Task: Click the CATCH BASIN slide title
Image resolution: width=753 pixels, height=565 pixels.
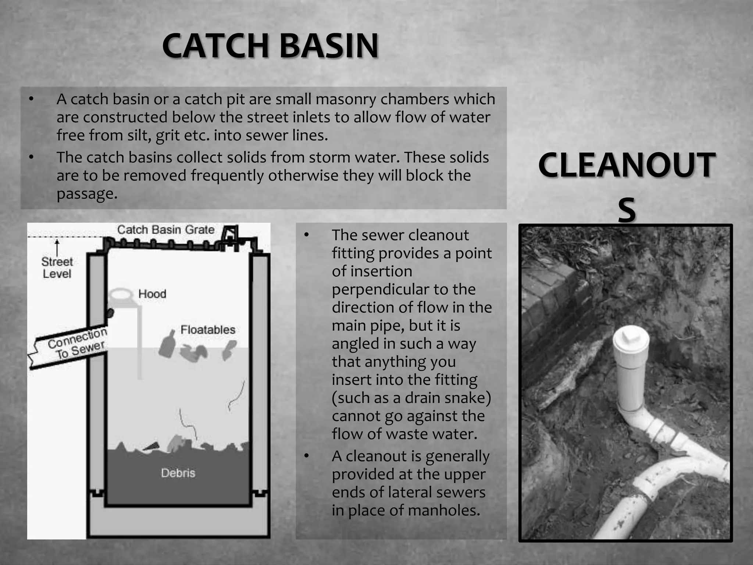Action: point(270,46)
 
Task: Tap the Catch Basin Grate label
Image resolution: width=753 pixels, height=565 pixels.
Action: point(165,230)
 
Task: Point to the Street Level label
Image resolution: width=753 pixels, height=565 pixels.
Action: point(57,268)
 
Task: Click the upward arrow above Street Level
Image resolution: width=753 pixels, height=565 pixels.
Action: point(57,247)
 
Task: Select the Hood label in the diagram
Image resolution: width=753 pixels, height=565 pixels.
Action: point(152,294)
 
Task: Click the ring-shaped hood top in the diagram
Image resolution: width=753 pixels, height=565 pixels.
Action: point(121,295)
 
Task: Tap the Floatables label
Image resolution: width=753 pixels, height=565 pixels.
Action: point(208,330)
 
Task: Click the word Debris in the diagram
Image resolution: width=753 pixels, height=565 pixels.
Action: point(178,473)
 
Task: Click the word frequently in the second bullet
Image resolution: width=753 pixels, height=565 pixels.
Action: point(229,175)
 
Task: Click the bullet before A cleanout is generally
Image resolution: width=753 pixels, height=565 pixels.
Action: point(307,456)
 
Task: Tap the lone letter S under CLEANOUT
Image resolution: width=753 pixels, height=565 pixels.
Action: point(627,210)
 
